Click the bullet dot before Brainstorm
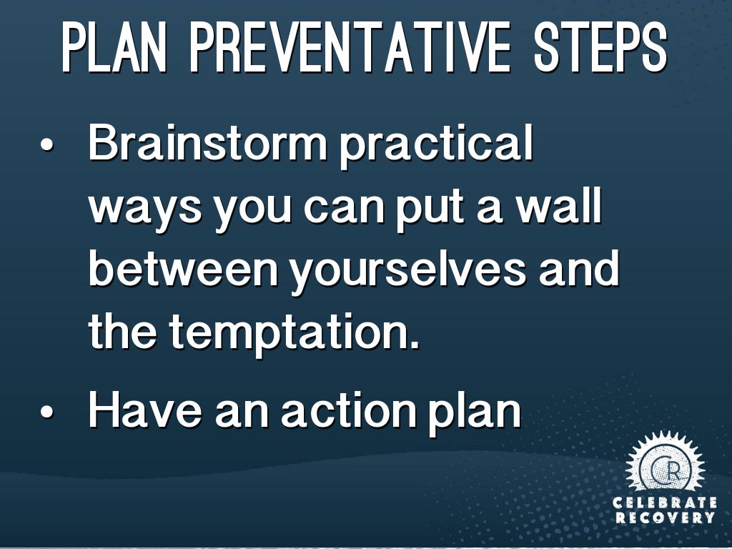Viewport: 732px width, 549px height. (47, 144)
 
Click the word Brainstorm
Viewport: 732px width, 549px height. (208, 143)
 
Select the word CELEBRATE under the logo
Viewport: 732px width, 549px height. (665, 503)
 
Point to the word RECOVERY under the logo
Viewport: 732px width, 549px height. (665, 518)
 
